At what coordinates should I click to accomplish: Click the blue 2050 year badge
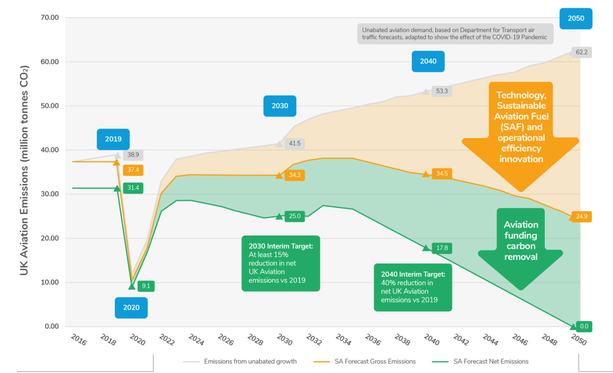click(x=575, y=19)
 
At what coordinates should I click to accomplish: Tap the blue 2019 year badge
click(x=113, y=139)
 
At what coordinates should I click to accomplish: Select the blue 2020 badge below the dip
click(x=131, y=307)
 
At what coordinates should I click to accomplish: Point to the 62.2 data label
click(x=581, y=52)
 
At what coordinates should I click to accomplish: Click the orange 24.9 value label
click(x=581, y=216)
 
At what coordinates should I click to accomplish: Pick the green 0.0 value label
click(x=584, y=326)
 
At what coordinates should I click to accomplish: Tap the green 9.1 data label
click(x=146, y=286)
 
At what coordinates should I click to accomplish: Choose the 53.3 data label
click(x=442, y=91)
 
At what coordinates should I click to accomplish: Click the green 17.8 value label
click(x=442, y=247)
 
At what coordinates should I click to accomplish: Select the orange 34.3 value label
click(x=295, y=175)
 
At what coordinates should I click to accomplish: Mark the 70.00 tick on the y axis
click(x=50, y=17)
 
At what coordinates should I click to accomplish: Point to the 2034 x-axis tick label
click(x=343, y=340)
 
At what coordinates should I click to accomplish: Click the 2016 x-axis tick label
click(x=78, y=340)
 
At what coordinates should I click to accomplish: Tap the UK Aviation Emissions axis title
click(x=24, y=170)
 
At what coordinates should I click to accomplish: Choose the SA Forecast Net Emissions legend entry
click(x=481, y=362)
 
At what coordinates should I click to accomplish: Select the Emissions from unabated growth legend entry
click(x=239, y=362)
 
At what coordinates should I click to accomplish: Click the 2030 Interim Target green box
click(x=281, y=264)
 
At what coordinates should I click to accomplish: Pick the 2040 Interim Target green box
click(x=413, y=288)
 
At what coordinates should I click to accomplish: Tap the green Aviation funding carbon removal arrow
click(x=520, y=246)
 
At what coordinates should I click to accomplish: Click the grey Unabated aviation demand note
click(x=455, y=33)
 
